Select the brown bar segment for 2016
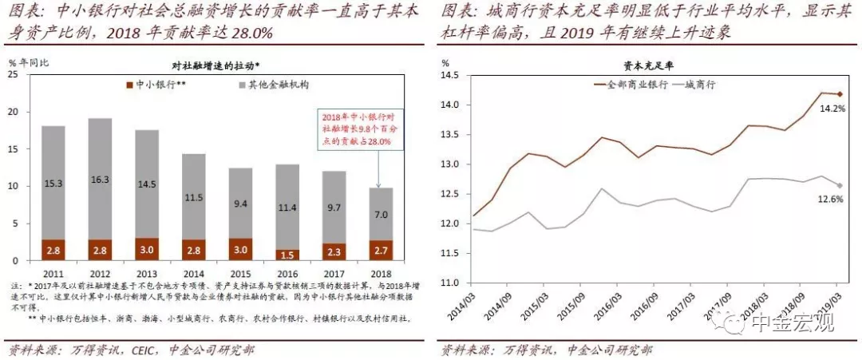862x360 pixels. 287,255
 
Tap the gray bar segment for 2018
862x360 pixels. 380,214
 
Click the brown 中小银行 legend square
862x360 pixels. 129,83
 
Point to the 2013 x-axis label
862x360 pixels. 147,273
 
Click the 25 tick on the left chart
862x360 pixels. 14,75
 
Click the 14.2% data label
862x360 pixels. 829,109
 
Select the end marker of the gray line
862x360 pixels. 838,186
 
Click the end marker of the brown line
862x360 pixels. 838,94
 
